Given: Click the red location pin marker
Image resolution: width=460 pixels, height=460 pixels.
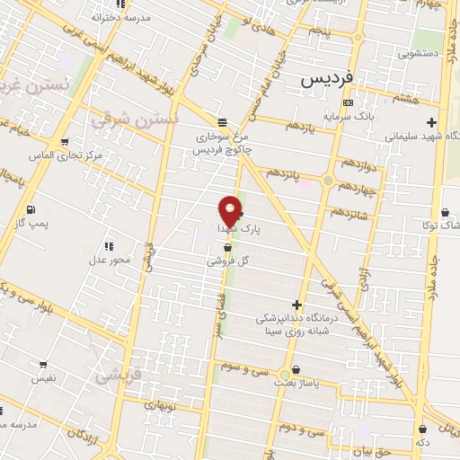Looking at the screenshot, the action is [x=230, y=209].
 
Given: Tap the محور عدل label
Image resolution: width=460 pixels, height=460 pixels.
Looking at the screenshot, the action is [x=109, y=261].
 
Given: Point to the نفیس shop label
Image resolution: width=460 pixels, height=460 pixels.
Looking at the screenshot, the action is [x=44, y=378].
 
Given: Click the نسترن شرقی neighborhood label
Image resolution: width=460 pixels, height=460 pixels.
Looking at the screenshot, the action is [x=148, y=118].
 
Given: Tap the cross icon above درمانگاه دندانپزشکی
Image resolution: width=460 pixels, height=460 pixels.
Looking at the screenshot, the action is [x=296, y=305].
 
